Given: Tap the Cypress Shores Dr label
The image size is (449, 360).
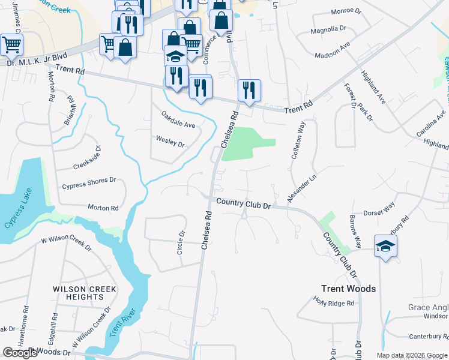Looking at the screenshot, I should [88, 180].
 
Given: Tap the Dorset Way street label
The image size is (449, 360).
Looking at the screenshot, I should [379, 208].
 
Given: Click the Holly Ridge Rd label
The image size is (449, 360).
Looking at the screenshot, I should [334, 302].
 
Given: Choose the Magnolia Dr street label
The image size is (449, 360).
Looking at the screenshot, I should [328, 29].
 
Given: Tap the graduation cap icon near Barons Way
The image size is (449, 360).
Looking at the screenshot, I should [385, 245].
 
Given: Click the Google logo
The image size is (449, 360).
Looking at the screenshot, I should [20, 353].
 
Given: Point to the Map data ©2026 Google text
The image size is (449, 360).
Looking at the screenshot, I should [411, 355].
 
